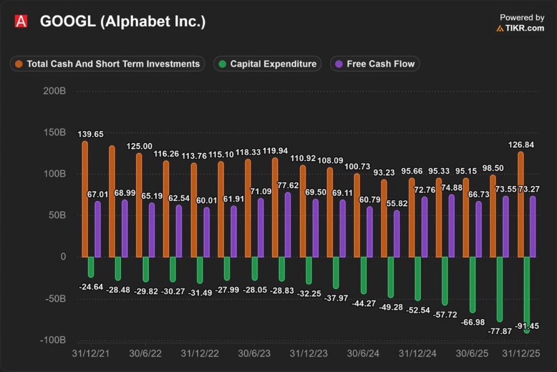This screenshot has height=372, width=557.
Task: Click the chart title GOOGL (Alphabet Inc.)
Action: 123,22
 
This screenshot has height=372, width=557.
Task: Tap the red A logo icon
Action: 21,21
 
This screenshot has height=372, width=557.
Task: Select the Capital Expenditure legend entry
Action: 268,64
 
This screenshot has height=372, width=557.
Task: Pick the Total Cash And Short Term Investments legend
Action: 107,64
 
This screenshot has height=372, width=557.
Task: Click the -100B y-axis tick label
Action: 53,340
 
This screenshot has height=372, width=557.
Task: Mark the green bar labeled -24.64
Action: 91,267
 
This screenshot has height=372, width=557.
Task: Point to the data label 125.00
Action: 140,146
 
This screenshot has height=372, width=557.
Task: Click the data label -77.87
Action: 500,331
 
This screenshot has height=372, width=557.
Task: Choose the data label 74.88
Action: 451,187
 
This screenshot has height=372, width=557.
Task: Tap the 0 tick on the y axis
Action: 63,257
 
